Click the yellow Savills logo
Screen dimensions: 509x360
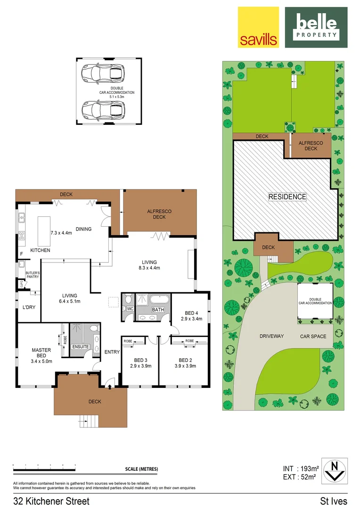258,27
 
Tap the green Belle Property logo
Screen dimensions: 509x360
316,27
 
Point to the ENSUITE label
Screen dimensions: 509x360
81,347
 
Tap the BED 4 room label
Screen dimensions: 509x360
190,316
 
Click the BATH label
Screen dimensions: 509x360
157,310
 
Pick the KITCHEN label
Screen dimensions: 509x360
41,250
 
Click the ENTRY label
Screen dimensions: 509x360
112,352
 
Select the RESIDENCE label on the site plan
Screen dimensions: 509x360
287,197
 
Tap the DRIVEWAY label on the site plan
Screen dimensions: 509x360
271,336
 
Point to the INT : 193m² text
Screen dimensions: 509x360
301,468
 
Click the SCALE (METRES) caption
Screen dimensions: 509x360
142,469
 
